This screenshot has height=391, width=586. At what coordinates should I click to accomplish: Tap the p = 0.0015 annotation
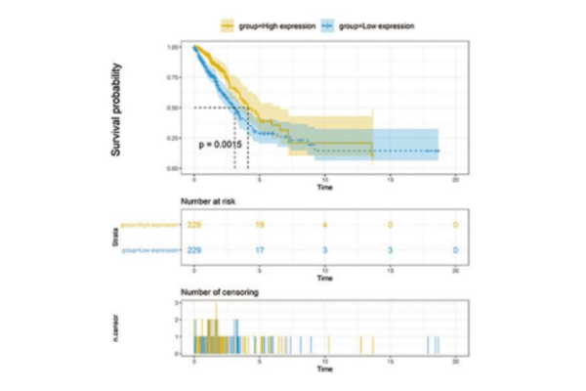pos(221,146)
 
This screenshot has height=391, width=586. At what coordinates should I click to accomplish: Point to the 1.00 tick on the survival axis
pos(173,47)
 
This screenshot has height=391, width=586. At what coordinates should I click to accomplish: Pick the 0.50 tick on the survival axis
pos(173,108)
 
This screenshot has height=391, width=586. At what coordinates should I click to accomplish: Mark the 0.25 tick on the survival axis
pos(173,138)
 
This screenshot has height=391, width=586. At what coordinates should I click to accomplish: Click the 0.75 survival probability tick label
pos(173,77)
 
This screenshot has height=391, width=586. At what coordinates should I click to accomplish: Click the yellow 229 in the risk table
pos(196,225)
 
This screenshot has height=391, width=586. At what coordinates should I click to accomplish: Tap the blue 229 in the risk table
pos(196,251)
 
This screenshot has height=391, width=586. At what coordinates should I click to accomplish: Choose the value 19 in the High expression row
pos(260,225)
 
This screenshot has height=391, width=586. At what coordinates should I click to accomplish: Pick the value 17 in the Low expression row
pos(260,251)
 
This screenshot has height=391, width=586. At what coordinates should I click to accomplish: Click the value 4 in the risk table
pos(324,225)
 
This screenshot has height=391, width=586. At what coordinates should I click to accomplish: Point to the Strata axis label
pos(116,238)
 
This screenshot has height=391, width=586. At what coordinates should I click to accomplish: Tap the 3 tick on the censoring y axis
pos(177,304)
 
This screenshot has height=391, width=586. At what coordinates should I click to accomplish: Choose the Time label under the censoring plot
pos(324,370)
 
